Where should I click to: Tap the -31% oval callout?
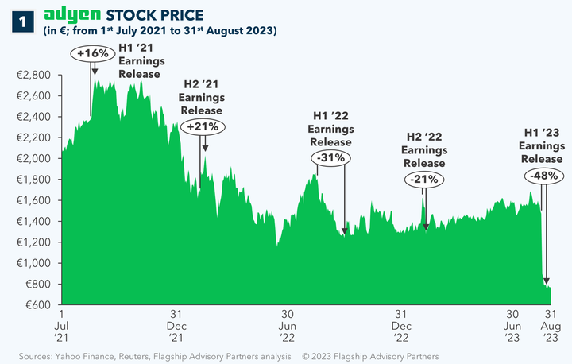click(330, 157)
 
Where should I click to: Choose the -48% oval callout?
click(543, 175)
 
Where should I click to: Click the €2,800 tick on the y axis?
click(34, 75)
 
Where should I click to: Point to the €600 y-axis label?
click(38, 305)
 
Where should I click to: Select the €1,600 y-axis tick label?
click(34, 200)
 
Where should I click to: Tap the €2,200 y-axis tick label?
click(34, 137)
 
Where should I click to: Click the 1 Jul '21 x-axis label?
click(61, 325)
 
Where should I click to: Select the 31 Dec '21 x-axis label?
click(176, 325)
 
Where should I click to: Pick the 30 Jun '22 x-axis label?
click(288, 325)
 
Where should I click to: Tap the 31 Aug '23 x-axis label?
click(549, 325)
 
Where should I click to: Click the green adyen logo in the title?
click(72, 15)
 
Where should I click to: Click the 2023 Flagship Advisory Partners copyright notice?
click(369, 355)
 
